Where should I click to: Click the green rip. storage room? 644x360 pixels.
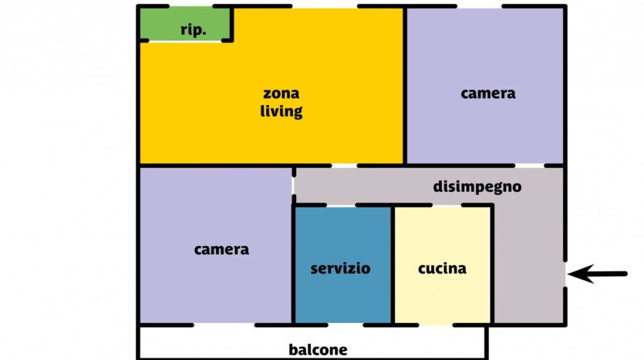tap(185, 24)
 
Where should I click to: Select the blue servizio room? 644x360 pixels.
tap(343, 264)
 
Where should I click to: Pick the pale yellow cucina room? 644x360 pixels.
tap(443, 264)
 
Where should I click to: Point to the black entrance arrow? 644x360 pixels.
tap(598, 274)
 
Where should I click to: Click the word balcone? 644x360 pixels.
tap(318, 350)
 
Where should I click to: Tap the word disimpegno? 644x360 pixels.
tap(477, 187)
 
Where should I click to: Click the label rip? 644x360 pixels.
tap(193, 30)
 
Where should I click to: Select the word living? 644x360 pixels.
tap(282, 111)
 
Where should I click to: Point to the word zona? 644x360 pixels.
tap(282, 93)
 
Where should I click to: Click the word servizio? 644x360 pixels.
tap(340, 268)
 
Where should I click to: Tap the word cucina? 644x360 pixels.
tap(443, 268)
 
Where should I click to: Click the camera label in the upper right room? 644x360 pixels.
tap(488, 93)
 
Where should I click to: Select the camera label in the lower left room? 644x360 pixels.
tap(221, 250)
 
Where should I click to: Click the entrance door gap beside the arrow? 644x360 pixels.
tap(565, 274)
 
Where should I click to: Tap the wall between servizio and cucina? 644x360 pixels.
tap(393, 264)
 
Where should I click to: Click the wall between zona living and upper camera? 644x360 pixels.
tap(405, 86)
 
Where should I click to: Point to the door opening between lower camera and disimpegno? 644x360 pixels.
tap(294, 186)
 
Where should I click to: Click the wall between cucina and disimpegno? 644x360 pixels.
tap(492, 264)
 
